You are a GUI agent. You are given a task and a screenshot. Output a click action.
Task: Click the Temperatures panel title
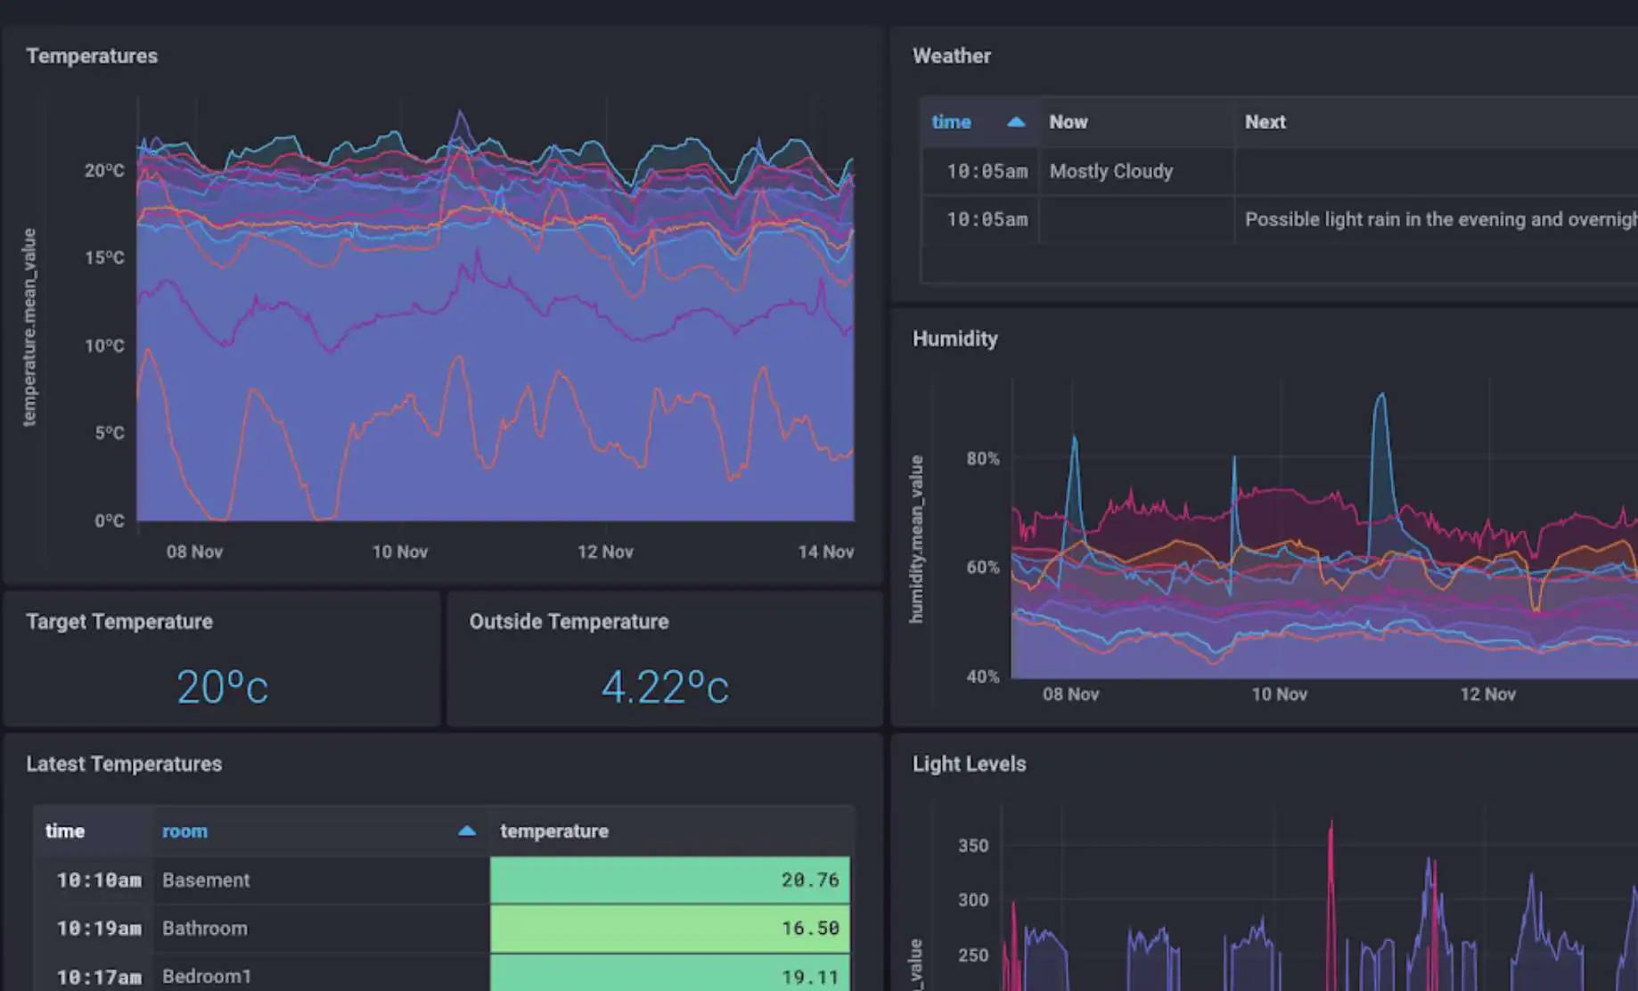tap(92, 56)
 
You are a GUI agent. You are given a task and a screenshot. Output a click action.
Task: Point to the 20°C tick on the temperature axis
tap(104, 170)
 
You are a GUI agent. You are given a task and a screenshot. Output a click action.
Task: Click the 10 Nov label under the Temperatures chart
tap(399, 552)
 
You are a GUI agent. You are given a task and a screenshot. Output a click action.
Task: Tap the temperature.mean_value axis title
tap(29, 327)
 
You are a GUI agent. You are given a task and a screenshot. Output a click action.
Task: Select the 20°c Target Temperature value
tap(222, 687)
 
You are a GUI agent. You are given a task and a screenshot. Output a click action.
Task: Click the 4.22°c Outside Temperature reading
tap(665, 687)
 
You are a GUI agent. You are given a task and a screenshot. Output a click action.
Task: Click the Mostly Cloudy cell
tap(1111, 171)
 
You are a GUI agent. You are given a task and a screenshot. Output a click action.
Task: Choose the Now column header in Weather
tap(1069, 122)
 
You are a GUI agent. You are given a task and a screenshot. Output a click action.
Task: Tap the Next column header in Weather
tap(1265, 122)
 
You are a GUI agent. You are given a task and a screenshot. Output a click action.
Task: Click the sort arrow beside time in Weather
tap(1016, 122)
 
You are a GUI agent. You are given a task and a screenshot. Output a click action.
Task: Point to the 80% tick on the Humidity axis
tap(983, 459)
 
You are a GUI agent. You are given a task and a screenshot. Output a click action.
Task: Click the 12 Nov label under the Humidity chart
tap(1487, 694)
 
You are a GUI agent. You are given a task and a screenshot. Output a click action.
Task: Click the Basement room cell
tap(206, 880)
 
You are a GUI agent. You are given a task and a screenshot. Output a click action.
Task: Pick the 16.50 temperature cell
tap(670, 929)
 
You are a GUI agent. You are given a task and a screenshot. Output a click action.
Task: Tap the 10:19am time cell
tap(99, 929)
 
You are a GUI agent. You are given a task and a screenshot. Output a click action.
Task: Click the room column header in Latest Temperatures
tap(184, 831)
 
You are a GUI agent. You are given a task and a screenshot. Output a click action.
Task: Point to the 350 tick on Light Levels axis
tap(973, 846)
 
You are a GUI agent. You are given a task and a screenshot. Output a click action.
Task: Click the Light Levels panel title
tap(969, 765)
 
